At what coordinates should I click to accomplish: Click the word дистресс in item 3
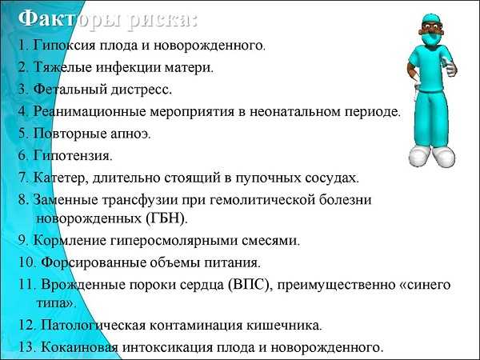141,90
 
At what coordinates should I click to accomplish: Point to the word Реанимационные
90,112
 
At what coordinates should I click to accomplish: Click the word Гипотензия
73,156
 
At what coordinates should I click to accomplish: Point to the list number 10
27,262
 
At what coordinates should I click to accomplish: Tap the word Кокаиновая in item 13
79,347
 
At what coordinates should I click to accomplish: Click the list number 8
23,200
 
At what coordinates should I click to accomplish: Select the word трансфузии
140,200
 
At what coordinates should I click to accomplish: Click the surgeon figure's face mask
430,38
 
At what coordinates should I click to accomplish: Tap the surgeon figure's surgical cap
432,19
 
